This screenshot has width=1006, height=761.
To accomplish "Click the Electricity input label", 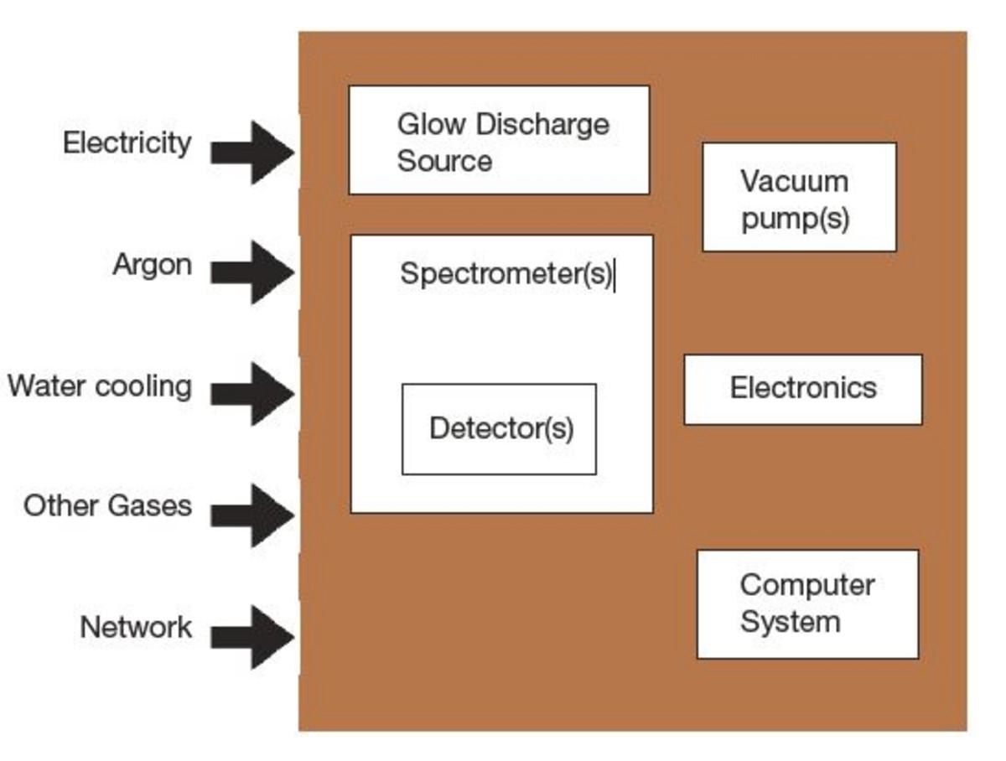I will (x=127, y=142).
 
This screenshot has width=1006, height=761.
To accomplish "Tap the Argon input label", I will (x=152, y=265).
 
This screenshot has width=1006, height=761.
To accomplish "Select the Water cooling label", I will (x=100, y=386).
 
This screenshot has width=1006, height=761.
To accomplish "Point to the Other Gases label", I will (x=107, y=506).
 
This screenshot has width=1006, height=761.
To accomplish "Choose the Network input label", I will (x=135, y=627).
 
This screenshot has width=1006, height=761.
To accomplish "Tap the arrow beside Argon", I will (x=252, y=272).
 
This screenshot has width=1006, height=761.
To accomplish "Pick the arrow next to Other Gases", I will (x=252, y=515).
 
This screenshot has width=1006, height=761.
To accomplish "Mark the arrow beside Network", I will (x=252, y=637).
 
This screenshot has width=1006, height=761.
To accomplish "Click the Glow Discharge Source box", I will (x=499, y=140).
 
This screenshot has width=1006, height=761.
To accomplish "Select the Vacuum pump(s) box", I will (x=799, y=197).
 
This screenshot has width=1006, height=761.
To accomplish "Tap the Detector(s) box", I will (x=500, y=429).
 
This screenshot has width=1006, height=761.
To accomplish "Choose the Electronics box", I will (x=803, y=389).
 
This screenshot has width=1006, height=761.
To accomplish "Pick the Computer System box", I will (x=807, y=603).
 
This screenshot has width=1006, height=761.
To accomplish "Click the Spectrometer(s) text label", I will (x=506, y=273).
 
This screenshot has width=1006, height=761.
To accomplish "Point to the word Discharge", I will (x=543, y=124).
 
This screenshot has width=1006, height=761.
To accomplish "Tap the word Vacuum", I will (x=794, y=180).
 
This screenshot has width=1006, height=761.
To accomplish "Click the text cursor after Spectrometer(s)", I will (x=615, y=276).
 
